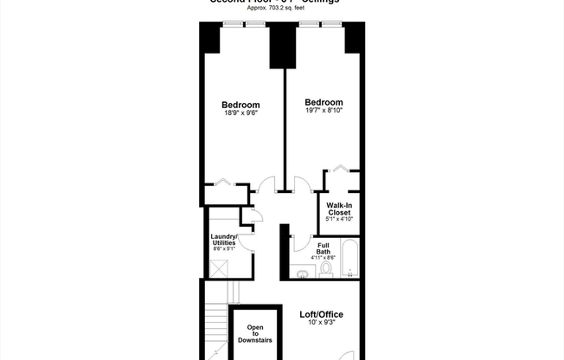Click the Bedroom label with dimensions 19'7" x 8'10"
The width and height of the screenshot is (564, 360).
click(324, 102)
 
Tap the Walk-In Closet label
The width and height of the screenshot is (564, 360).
click(338, 209)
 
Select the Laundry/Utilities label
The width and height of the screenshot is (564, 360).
click(224, 240)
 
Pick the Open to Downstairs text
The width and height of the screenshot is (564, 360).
click(254, 334)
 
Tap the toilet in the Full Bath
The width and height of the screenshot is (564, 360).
click(326, 269)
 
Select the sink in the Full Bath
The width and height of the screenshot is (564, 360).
click(302, 273)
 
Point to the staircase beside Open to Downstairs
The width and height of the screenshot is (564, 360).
click(216, 333)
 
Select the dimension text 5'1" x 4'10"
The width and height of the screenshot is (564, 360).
click(338, 219)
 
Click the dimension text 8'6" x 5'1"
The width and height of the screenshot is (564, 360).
click(224, 249)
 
